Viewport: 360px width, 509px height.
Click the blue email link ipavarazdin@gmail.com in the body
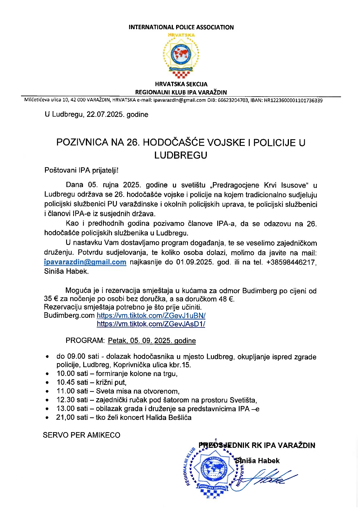(x=85, y=262)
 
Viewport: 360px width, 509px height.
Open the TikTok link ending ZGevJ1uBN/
(x=151, y=316)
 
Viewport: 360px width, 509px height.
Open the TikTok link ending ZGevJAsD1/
(x=151, y=324)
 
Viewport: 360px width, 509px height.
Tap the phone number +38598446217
(x=291, y=262)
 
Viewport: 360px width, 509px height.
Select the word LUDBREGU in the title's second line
(x=180, y=155)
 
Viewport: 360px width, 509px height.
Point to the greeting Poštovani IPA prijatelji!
(x=82, y=170)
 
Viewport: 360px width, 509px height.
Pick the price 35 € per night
(x=51, y=299)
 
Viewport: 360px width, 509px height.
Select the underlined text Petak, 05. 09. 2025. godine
(x=152, y=341)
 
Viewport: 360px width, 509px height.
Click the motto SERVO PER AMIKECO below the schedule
(x=82, y=435)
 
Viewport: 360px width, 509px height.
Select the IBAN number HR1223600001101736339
(x=293, y=100)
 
